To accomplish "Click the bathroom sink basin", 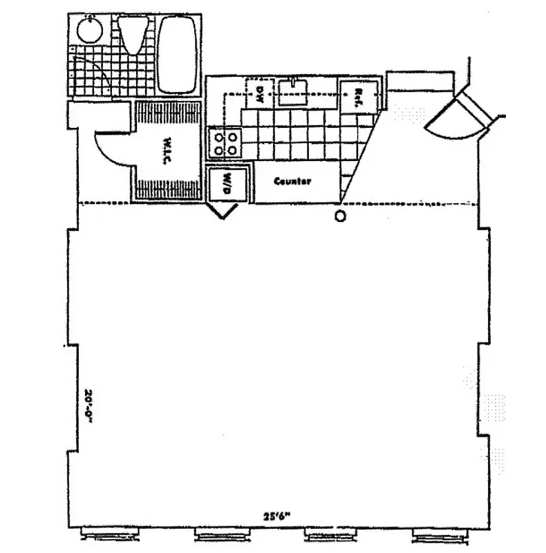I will [x=88, y=30].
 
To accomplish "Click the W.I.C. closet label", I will [x=167, y=151].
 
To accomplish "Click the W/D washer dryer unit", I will [x=226, y=185].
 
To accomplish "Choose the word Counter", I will [x=292, y=182].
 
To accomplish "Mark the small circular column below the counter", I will [x=340, y=216].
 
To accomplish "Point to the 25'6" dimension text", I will [x=275, y=515].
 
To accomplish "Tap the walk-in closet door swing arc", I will [x=111, y=147].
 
